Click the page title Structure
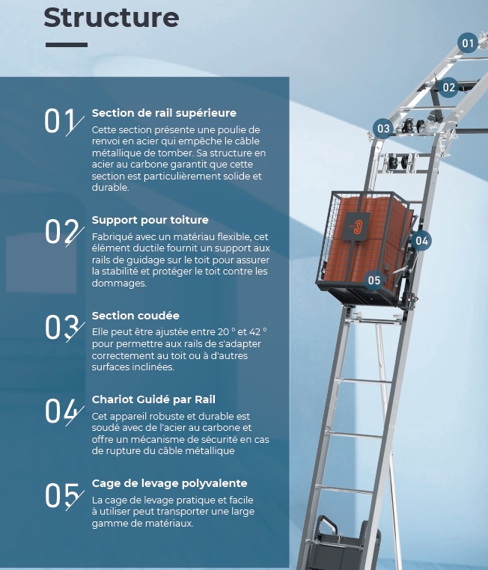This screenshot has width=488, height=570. coord(112,17)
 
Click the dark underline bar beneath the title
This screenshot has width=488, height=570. coord(67,45)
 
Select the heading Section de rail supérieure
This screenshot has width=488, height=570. coord(164,113)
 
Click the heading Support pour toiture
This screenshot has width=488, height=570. coord(150,220)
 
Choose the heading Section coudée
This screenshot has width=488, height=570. coord(135,316)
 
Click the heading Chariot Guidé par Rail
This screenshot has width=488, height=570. coord(153,399)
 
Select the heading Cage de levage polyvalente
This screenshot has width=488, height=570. coord(169,483)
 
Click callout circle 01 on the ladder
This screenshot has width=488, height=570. coord(468,43)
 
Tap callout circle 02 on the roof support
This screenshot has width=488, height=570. coord(448,88)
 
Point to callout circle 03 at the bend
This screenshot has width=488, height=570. coord(383,129)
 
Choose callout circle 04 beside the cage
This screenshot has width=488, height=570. coord(421,241)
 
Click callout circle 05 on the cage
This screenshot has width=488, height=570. coord(373,281)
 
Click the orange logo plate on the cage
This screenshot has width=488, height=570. coord(356,227)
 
